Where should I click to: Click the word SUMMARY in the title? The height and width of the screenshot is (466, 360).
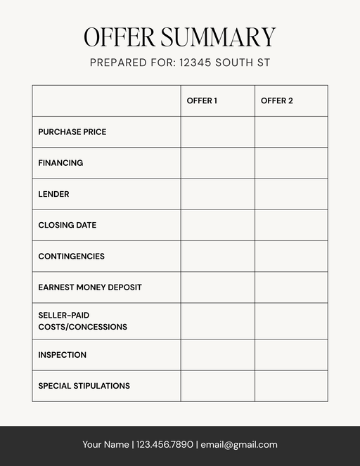click(x=218, y=37)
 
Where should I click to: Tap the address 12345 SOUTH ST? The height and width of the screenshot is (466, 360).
click(x=224, y=63)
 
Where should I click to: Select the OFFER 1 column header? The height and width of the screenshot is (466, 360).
click(x=202, y=101)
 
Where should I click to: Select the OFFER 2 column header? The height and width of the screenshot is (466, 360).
click(x=277, y=101)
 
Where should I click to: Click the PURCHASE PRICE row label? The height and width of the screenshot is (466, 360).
click(x=72, y=132)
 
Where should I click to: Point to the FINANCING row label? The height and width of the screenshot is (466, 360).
click(x=60, y=163)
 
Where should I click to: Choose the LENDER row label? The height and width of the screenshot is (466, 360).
click(x=53, y=194)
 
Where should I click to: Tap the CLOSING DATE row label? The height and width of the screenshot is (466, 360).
click(x=67, y=225)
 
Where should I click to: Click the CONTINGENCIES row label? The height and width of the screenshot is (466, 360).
click(x=71, y=257)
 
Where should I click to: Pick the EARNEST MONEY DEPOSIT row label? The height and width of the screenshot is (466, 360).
click(x=90, y=287)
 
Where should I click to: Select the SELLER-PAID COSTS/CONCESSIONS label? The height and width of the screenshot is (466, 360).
click(x=82, y=321)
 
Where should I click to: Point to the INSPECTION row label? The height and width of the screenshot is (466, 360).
click(x=63, y=355)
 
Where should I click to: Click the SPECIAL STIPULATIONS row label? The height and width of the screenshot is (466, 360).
click(x=84, y=386)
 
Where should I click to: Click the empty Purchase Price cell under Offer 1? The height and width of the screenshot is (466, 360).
click(x=217, y=132)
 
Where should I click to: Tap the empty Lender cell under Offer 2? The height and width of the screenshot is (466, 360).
click(x=291, y=194)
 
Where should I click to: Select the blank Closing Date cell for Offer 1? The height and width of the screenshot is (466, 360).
click(x=217, y=225)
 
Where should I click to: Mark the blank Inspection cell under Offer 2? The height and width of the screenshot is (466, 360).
click(x=291, y=355)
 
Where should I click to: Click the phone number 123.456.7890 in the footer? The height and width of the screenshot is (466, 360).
click(x=165, y=444)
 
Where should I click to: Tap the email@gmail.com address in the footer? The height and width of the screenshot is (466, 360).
click(x=239, y=444)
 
